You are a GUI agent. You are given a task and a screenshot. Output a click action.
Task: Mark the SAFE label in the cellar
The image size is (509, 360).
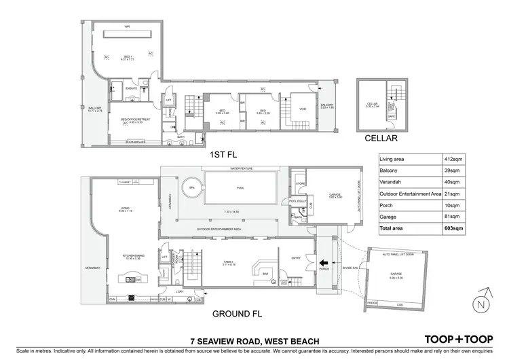[391, 116]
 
